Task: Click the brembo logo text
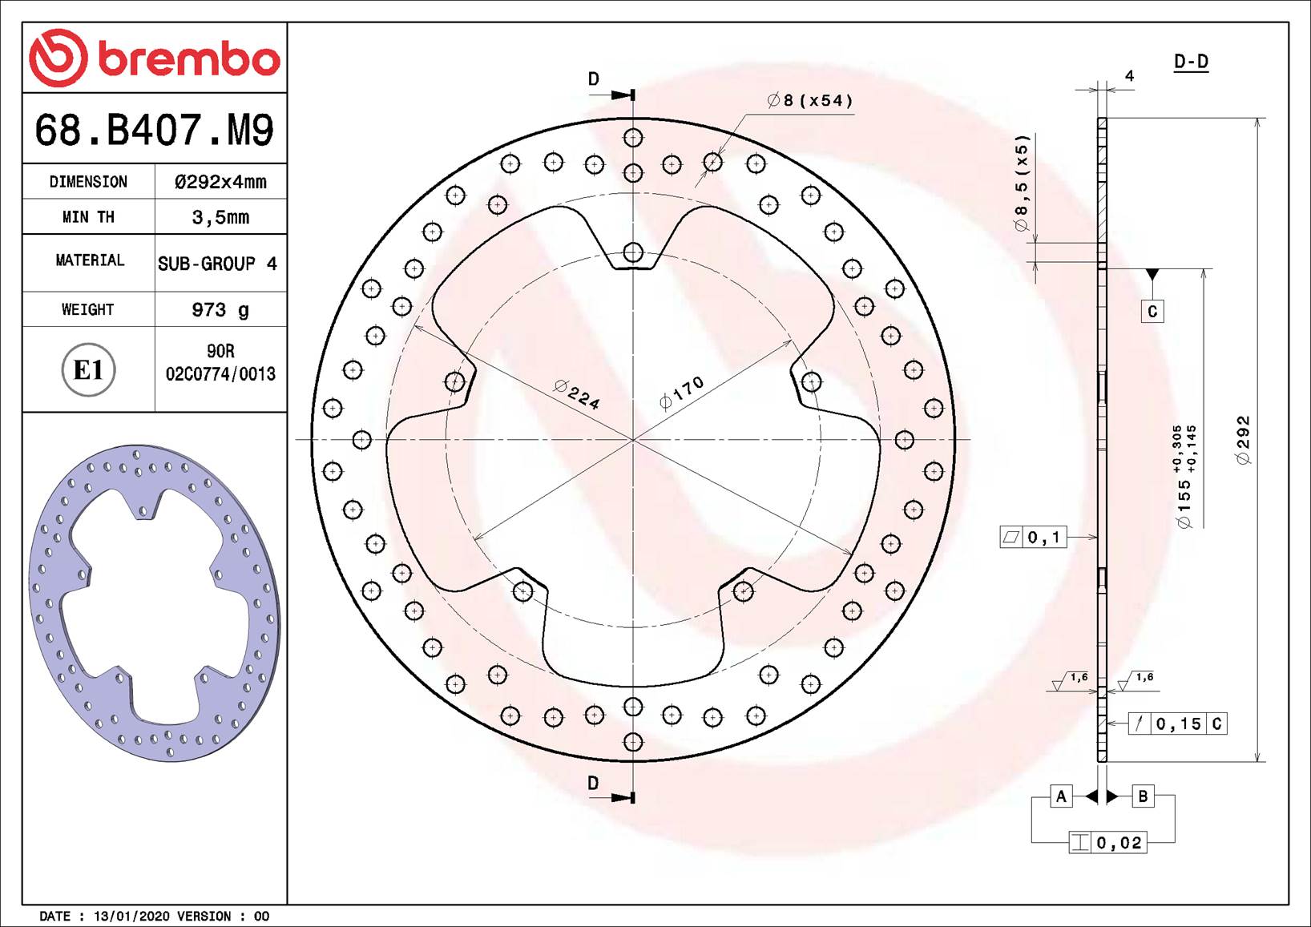[188, 59]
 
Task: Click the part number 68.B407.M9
[154, 130]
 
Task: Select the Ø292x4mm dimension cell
[220, 182]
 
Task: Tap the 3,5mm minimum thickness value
[220, 217]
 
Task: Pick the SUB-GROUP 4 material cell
[217, 264]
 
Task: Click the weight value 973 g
[220, 309]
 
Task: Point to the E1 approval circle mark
[89, 370]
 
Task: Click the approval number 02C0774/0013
[220, 374]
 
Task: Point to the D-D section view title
[1191, 62]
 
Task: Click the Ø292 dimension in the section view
[1243, 440]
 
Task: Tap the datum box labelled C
[1152, 312]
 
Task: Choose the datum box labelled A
[1061, 796]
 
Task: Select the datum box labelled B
[1143, 796]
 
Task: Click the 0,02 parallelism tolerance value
[1119, 843]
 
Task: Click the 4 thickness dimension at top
[1129, 76]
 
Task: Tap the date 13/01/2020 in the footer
[131, 916]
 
